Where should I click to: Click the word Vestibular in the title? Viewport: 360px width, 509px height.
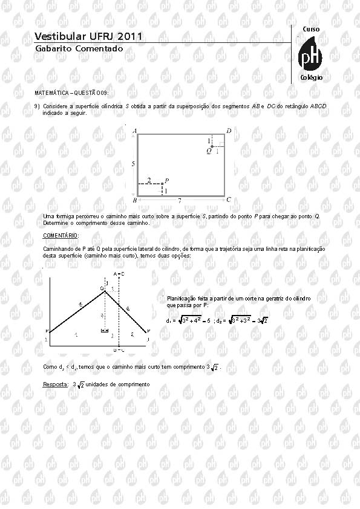[58, 37]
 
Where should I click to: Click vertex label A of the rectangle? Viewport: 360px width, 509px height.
[134, 131]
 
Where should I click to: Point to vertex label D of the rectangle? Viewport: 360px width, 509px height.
[229, 131]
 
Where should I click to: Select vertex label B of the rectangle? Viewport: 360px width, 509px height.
[134, 200]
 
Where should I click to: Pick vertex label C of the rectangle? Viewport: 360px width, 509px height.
[229, 199]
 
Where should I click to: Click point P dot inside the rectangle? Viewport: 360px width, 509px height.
[162, 184]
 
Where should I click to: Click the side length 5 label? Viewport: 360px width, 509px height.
[133, 164]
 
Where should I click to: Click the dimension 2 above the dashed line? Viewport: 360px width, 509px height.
[149, 180]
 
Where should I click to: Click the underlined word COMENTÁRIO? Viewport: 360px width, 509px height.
[61, 235]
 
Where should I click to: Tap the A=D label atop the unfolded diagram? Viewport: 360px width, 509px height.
[119, 274]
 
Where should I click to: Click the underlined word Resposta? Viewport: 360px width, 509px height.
[56, 384]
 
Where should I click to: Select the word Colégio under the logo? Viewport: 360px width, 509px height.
[311, 78]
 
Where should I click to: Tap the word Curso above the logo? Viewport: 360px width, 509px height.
[311, 30]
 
